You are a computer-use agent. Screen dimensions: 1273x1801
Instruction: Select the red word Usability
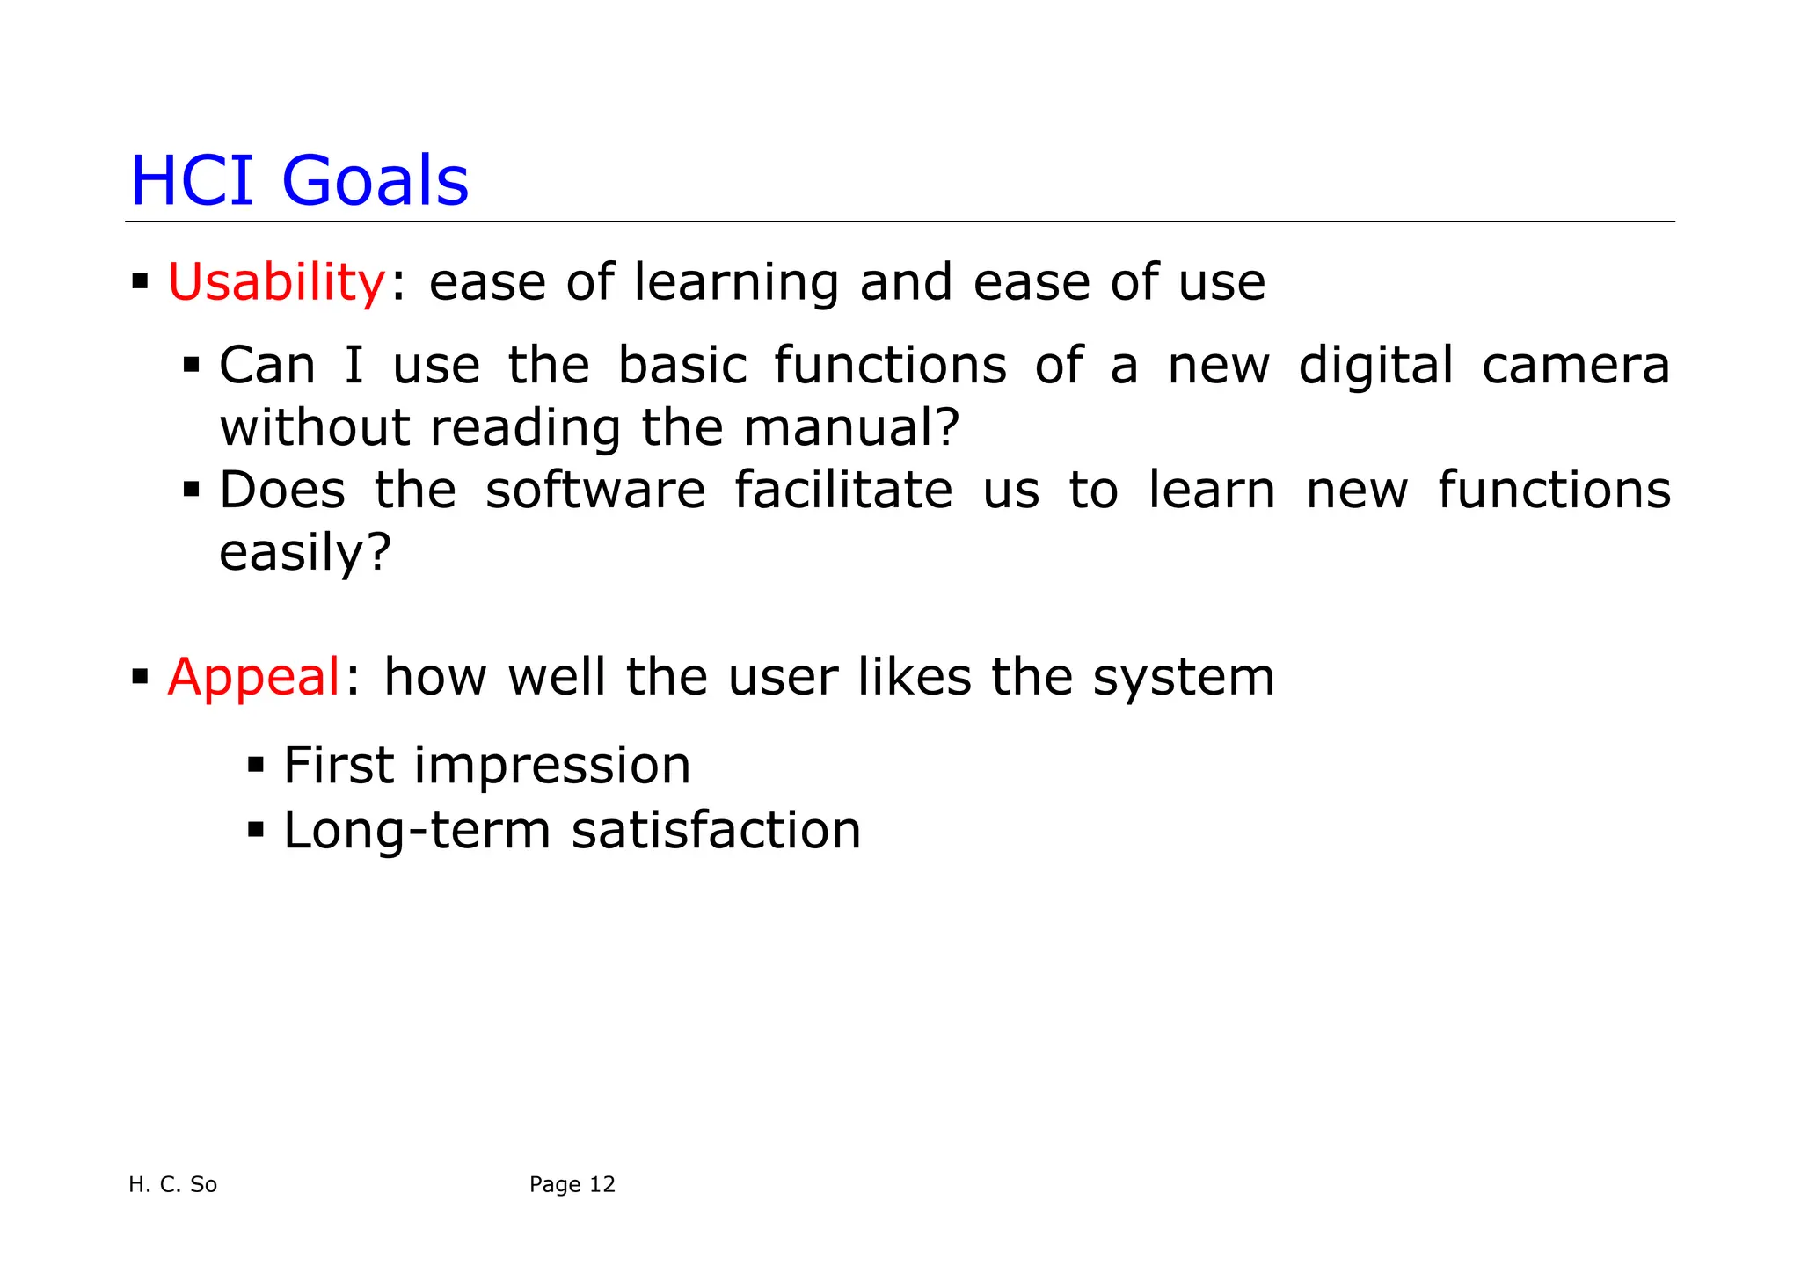coord(276,283)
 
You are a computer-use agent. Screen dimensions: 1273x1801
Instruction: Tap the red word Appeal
coord(253,678)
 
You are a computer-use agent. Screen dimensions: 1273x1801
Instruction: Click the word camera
coord(1575,366)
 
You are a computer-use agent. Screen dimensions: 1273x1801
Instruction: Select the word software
coord(595,491)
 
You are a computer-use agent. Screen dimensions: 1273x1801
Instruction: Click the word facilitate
coord(843,491)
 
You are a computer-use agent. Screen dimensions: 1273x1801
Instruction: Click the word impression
coord(552,766)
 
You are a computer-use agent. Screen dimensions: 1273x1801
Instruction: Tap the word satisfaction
coord(716,831)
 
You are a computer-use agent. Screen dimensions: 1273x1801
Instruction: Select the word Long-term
coord(417,831)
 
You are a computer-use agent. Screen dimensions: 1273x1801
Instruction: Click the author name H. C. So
coord(172,1185)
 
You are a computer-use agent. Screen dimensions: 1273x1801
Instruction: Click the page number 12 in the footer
coord(602,1185)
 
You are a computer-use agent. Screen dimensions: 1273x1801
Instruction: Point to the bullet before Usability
coord(140,283)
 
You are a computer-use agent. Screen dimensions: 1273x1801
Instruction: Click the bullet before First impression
coord(256,765)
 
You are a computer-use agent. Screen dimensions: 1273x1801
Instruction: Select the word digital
coord(1375,366)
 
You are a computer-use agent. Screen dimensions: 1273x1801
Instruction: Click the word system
coord(1183,678)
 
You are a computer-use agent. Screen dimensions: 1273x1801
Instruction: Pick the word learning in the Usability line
coord(736,283)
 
